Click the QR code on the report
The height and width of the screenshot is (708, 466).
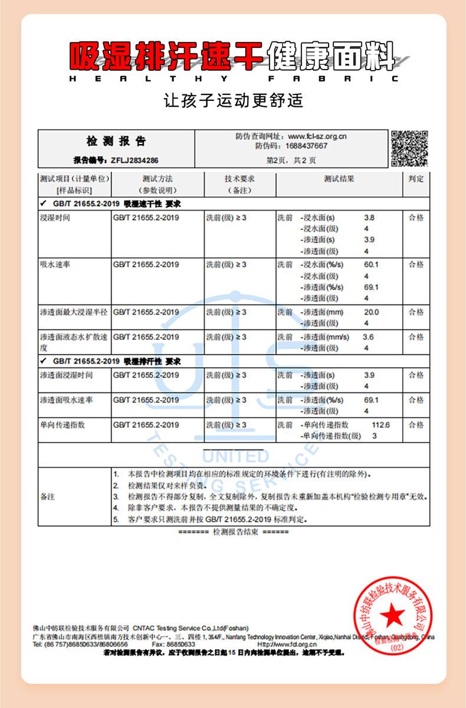pyautogui.click(x=409, y=148)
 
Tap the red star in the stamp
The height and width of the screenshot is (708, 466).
pyautogui.click(x=389, y=617)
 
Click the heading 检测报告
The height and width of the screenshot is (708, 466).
pyautogui.click(x=116, y=142)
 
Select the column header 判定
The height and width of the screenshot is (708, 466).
pyautogui.click(x=416, y=179)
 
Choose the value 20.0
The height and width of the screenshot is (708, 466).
pyautogui.click(x=371, y=312)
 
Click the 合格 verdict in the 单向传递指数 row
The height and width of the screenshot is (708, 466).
pyautogui.click(x=416, y=425)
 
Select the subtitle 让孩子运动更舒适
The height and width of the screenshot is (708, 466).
pyautogui.click(x=233, y=100)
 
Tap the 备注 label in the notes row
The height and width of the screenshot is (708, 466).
pyautogui.click(x=47, y=497)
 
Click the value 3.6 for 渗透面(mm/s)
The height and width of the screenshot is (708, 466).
pyautogui.click(x=368, y=337)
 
